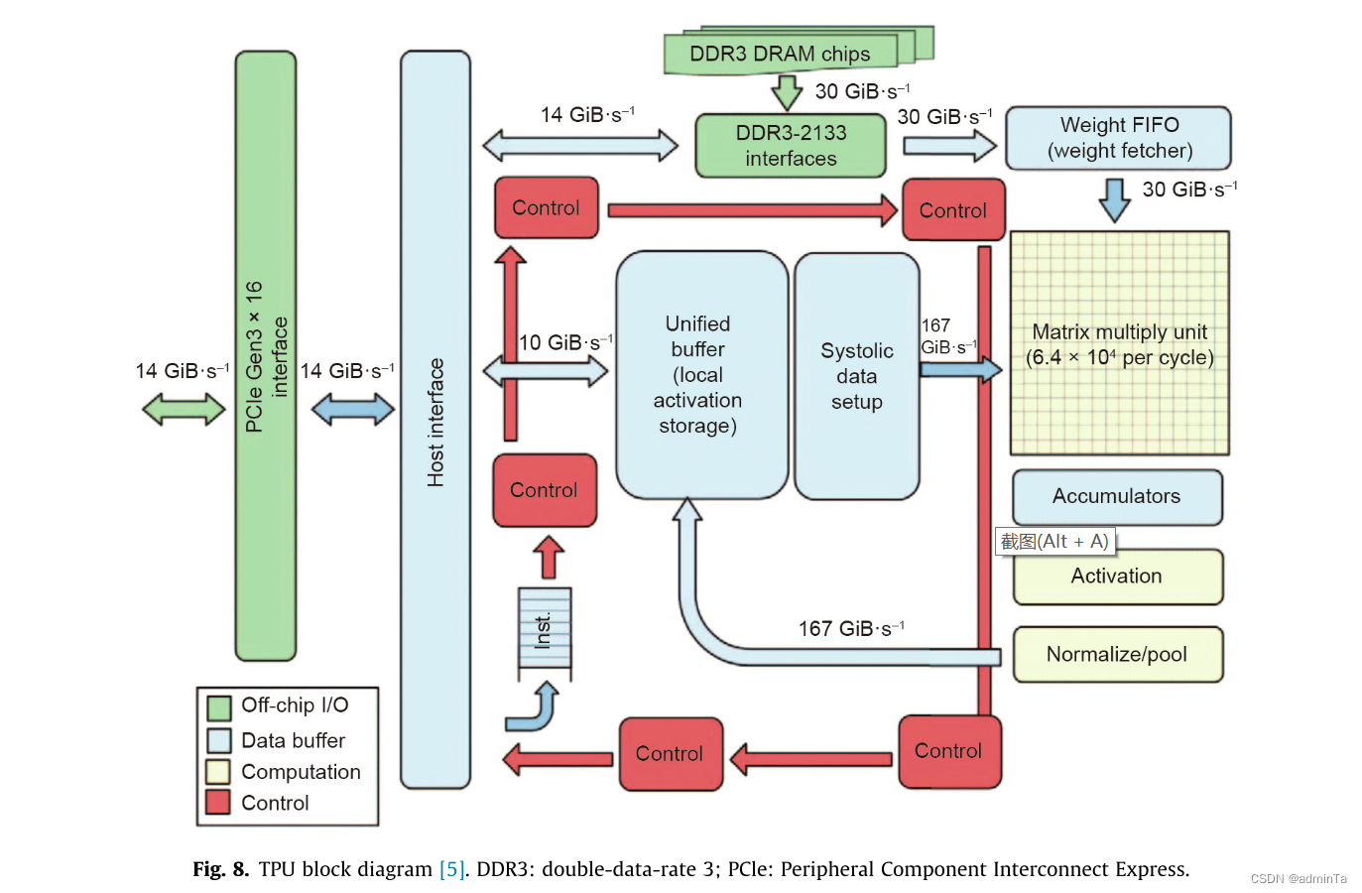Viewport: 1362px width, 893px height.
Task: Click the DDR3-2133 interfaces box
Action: pos(791,146)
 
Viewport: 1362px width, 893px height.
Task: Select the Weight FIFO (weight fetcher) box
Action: pos(1118,138)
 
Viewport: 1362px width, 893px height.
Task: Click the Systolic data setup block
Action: pos(856,377)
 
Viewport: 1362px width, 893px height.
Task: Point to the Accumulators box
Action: pos(1116,496)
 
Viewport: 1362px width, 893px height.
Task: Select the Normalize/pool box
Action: pos(1117,654)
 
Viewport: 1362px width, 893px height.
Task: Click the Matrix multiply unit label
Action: pos(1119,344)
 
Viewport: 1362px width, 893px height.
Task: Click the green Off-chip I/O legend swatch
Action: pos(218,707)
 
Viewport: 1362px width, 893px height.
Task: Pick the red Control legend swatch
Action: pos(218,803)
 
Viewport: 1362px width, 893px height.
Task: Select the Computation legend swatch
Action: pos(218,772)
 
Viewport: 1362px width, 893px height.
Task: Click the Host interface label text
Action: pos(435,422)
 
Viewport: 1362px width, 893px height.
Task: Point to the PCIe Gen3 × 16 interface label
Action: pos(266,356)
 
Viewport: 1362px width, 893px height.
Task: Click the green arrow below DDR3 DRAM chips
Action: pos(787,92)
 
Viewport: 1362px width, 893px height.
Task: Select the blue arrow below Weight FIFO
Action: pos(1115,199)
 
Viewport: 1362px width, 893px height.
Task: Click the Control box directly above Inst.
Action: pos(545,490)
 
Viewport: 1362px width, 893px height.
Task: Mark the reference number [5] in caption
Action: pos(451,869)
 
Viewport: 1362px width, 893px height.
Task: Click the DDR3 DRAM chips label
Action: pos(780,54)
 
